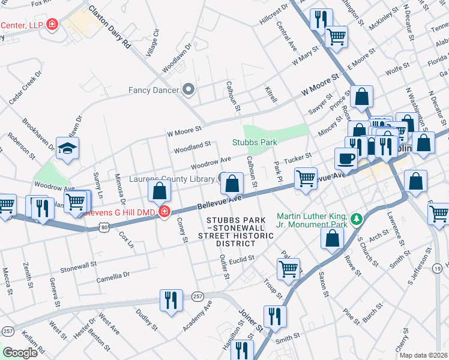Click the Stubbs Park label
point(255,142)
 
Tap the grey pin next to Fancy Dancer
point(188,91)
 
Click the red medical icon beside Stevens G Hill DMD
point(164,212)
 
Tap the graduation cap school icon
point(68,149)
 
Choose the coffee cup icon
point(346,159)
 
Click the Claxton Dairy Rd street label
point(109,27)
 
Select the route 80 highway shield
point(104,227)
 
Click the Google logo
point(20,353)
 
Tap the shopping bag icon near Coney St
point(160,192)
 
